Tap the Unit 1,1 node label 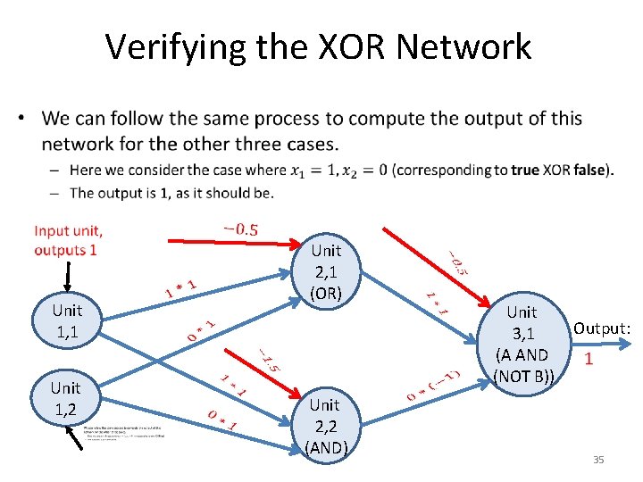tap(66, 320)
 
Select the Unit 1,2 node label tap(66, 397)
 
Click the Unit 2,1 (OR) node tap(326, 270)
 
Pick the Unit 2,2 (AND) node tap(325, 426)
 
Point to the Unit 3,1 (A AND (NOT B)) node tap(522, 343)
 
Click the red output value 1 tap(588, 360)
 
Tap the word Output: tap(602, 328)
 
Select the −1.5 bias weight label tap(269, 360)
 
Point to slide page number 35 tap(598, 460)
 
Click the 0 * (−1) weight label tap(435, 383)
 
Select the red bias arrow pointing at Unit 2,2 tap(277, 374)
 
